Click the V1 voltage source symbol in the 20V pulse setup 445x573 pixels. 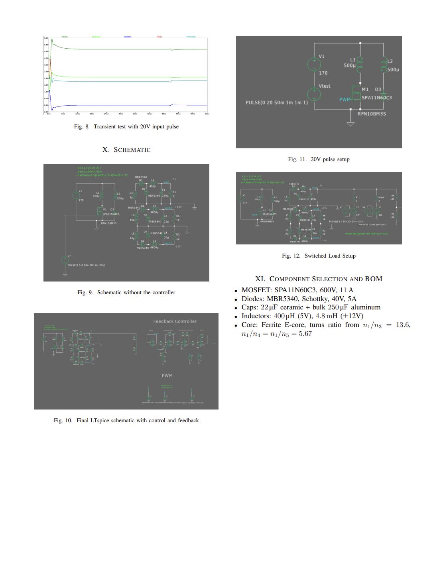tap(314, 64)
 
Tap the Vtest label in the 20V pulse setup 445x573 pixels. tap(324, 86)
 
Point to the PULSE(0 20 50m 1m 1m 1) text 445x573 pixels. tap(277, 102)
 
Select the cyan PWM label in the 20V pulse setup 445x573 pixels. tap(345, 99)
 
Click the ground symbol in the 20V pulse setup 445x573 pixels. tap(350, 124)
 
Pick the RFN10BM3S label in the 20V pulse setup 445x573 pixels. tap(372, 114)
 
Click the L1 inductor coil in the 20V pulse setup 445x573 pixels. tap(360, 64)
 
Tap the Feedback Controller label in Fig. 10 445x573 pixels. tap(175, 321)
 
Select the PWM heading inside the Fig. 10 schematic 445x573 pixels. tap(167, 376)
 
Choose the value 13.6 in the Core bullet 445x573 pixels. tap(403, 325)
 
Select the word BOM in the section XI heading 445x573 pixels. tap(373, 279)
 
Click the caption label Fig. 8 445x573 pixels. tap(81, 127)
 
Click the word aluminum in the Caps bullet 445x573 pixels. tap(366, 307)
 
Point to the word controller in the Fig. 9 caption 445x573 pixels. tap(164, 293)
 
